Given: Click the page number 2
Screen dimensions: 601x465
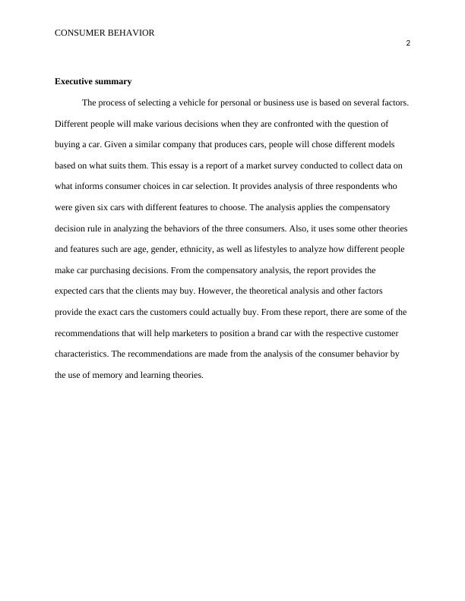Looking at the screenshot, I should click(x=408, y=43).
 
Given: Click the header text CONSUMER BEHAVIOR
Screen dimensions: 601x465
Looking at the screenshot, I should click(x=105, y=33).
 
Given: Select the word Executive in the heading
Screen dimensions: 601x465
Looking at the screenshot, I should click(x=74, y=81).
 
